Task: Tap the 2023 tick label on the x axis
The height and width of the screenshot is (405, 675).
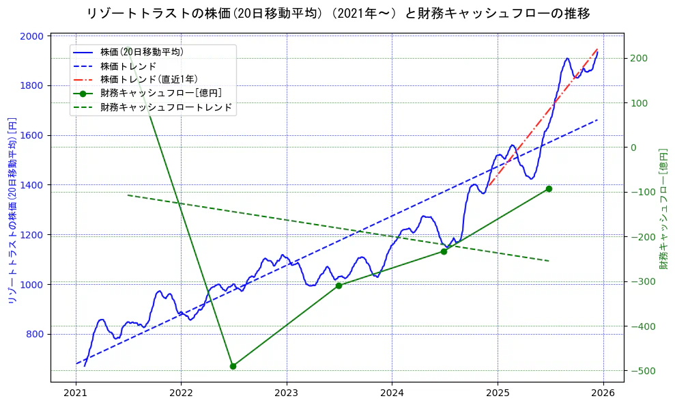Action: pos(287,393)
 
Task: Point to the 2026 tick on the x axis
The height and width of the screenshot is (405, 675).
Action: pos(603,393)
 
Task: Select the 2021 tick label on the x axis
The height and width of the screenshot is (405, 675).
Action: pos(76,393)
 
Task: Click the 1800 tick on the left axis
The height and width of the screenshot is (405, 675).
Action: pos(33,85)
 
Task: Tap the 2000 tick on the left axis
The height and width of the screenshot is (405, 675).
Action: pos(33,36)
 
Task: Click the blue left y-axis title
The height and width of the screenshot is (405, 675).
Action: pos(11,210)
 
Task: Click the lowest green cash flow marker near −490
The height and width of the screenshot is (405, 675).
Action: pos(233,366)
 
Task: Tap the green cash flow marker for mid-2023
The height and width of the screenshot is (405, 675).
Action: pos(339,285)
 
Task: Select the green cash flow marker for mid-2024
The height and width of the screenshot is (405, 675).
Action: pos(444,251)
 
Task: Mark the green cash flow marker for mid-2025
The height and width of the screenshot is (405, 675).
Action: pos(549,188)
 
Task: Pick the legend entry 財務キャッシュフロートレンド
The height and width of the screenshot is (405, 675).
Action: pos(166,107)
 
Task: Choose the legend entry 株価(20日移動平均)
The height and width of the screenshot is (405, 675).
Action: pos(141,52)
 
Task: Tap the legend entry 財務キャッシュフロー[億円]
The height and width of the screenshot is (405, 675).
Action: pos(160,93)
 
